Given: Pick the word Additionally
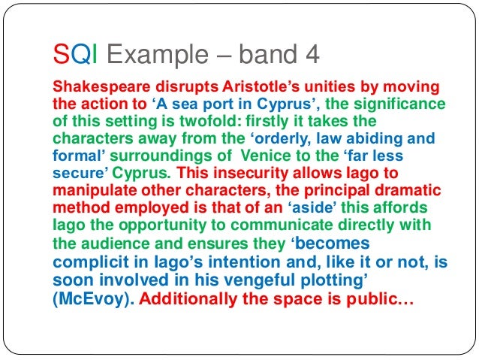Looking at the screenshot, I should point(193,298).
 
